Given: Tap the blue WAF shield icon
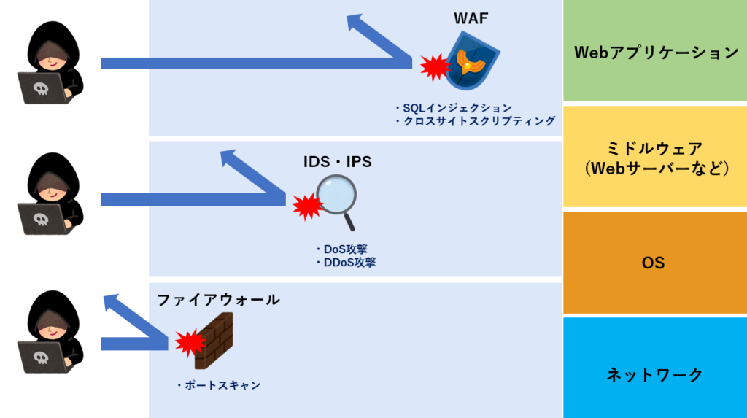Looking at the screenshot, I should (x=472, y=64).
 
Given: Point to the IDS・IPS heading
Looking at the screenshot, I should (x=337, y=161).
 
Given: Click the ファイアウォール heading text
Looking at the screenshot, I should (x=218, y=299).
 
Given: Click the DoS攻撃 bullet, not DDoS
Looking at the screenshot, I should (x=344, y=249).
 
